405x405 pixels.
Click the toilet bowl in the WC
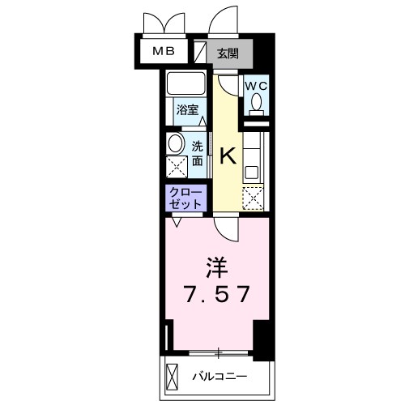(x=257, y=104)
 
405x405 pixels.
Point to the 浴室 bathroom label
(x=188, y=109)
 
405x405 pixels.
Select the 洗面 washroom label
(x=198, y=153)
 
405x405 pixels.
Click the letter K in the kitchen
(x=228, y=156)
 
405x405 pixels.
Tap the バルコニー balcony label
(x=219, y=377)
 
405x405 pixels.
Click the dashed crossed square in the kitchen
(x=254, y=197)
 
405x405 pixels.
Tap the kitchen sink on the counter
(x=252, y=170)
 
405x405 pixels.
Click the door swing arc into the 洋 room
(x=232, y=230)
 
